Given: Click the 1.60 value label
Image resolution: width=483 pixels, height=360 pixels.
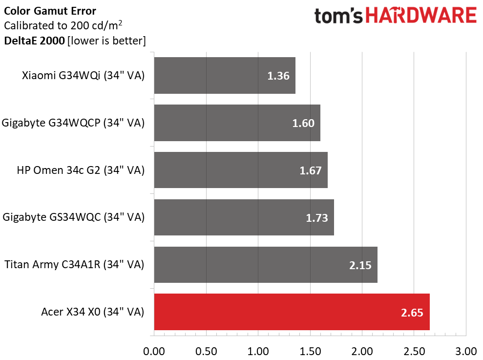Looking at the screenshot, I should pyautogui.click(x=303, y=124).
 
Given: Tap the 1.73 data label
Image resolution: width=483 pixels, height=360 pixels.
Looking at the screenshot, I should pyautogui.click(x=317, y=218).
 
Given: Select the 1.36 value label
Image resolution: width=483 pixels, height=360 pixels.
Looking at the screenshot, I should pyautogui.click(x=278, y=76).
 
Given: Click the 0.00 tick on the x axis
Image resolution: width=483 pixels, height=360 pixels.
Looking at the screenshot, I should pyautogui.click(x=154, y=351).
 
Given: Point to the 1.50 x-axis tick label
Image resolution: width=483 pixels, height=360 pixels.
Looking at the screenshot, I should pyautogui.click(x=310, y=351).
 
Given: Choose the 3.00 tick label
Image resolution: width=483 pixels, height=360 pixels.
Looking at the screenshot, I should pyautogui.click(x=466, y=351).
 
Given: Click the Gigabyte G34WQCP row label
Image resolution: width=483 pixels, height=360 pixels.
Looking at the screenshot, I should pyautogui.click(x=73, y=123).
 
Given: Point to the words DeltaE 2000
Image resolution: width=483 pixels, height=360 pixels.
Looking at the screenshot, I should pyautogui.click(x=34, y=41).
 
